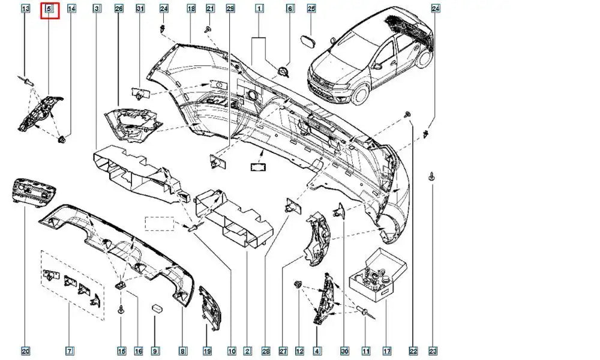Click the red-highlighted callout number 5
[x=49, y=9]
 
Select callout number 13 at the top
[x=25, y=9]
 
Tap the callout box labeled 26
[x=118, y=9]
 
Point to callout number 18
[x=191, y=9]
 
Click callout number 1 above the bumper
[x=259, y=9]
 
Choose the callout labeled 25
[x=311, y=9]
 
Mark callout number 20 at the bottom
[x=25, y=351]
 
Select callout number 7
[x=70, y=351]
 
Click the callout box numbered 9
[x=155, y=351]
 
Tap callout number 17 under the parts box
[x=387, y=351]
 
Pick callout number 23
[x=433, y=351]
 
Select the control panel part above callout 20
[x=31, y=192]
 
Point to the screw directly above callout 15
[x=122, y=310]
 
